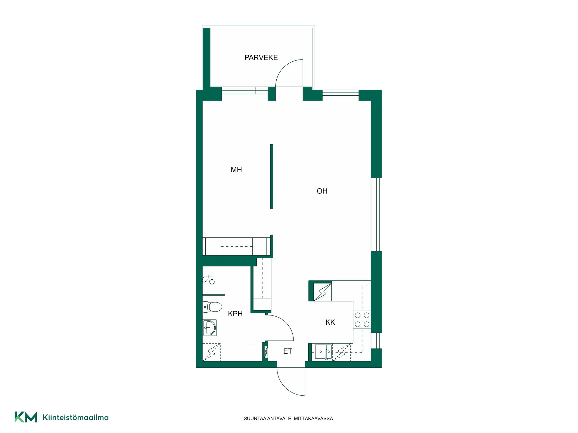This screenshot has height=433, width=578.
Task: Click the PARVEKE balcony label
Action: [261, 57]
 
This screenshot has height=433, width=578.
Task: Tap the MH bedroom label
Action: [236, 170]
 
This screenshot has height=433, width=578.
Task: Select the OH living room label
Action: [322, 191]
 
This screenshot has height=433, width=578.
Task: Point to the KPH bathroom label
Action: [235, 314]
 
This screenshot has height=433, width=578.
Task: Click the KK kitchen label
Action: [330, 322]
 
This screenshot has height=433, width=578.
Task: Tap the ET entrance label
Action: [288, 351]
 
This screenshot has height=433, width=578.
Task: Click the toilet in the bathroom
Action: [212, 307]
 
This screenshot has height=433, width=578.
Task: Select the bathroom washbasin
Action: [210, 327]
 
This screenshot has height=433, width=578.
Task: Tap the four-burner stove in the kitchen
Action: [362, 320]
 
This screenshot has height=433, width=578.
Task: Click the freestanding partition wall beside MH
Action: [272, 177]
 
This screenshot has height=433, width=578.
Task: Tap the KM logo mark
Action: [26, 417]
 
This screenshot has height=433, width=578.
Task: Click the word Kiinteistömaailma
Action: [76, 417]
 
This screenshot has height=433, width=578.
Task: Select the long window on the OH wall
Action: [376, 214]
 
